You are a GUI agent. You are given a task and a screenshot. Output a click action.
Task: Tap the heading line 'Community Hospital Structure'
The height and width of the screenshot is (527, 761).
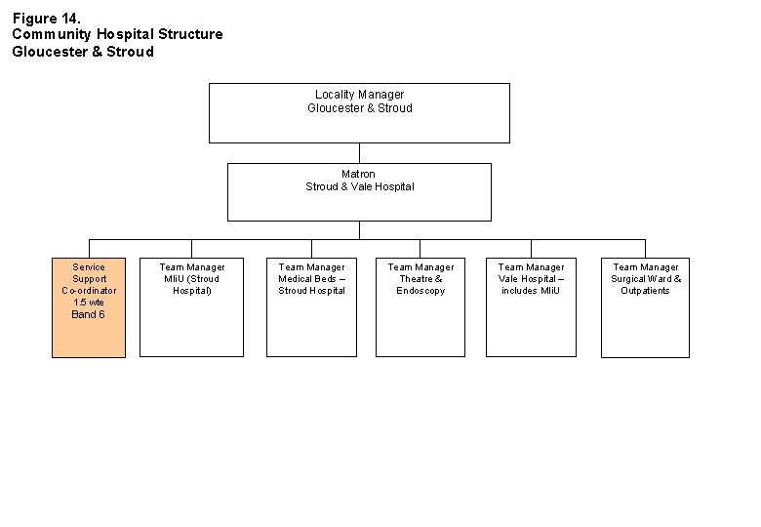(117, 34)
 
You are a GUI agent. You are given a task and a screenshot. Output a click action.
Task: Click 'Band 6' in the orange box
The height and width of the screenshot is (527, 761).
(89, 314)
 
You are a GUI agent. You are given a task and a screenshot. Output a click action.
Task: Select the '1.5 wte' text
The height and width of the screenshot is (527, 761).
(89, 303)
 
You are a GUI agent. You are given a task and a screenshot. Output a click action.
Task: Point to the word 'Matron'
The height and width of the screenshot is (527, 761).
(359, 174)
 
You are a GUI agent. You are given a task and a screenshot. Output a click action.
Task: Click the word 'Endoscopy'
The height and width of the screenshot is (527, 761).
(421, 291)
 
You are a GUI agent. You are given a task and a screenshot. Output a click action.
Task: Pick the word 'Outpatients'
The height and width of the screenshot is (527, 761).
(645, 291)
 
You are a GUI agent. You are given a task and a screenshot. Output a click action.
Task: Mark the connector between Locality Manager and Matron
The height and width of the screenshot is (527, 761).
(359, 152)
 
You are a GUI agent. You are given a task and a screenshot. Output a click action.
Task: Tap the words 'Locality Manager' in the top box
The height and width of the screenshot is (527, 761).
(359, 95)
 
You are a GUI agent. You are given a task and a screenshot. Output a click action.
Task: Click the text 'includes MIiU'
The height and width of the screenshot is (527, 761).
(531, 291)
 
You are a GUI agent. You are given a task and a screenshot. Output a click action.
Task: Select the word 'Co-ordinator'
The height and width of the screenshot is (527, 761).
(89, 291)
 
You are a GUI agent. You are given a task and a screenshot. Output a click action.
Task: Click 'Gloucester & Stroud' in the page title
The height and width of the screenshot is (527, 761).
(83, 52)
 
